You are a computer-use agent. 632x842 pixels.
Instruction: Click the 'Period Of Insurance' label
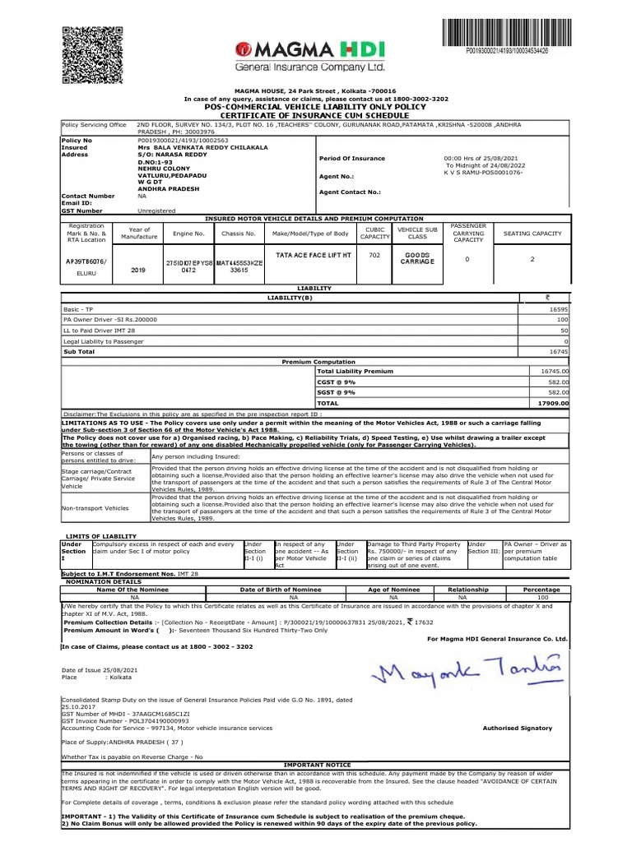[x=348, y=157]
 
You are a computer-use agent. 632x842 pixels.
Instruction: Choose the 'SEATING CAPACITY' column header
[x=532, y=234]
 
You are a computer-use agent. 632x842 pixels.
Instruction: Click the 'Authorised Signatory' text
[x=517, y=729]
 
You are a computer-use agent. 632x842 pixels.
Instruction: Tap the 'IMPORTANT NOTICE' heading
[x=316, y=764]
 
